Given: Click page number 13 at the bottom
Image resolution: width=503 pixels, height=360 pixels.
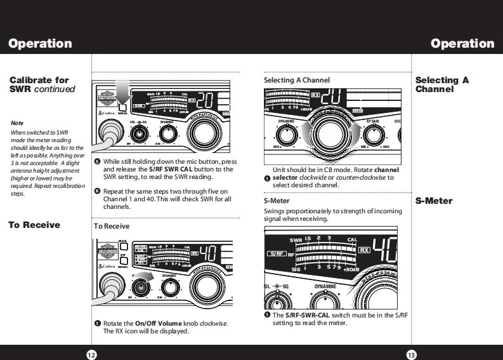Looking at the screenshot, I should (411, 354).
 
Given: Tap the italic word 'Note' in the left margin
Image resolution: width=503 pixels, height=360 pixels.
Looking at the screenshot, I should (17, 123).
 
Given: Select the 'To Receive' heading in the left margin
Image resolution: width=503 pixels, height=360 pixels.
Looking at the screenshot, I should (34, 225).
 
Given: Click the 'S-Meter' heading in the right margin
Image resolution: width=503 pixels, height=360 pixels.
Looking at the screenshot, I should (434, 201).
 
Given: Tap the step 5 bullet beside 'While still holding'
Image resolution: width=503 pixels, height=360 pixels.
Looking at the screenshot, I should (97, 161).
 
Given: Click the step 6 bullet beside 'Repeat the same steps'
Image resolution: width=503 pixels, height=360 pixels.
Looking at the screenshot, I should (97, 190).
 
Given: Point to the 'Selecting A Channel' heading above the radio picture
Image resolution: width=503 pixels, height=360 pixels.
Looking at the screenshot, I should (296, 81).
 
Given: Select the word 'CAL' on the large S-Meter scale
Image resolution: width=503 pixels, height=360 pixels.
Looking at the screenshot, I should (353, 241).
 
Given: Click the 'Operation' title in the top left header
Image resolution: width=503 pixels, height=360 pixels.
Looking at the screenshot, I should (40, 44).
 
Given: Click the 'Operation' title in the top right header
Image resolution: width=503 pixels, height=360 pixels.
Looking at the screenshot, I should (462, 44).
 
